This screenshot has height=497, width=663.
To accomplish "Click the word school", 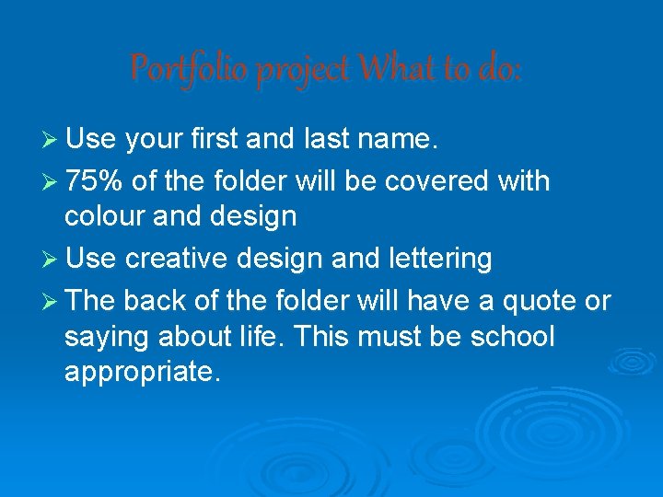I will (511, 337).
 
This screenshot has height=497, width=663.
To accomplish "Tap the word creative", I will (175, 259).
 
